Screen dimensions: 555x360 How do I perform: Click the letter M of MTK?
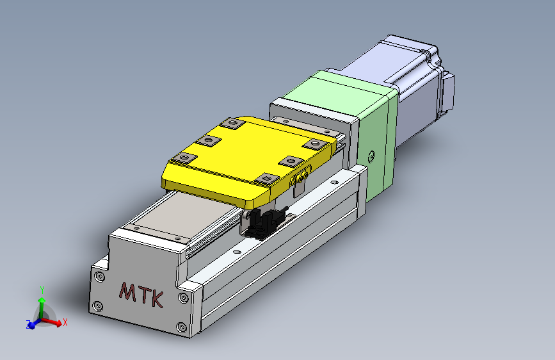[x=128, y=291]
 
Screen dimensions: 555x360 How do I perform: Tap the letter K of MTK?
[x=157, y=299]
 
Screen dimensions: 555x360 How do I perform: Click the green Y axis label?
[x=42, y=290]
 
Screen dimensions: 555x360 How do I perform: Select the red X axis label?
[x=65, y=322]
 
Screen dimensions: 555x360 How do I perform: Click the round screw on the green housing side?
[x=371, y=156]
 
